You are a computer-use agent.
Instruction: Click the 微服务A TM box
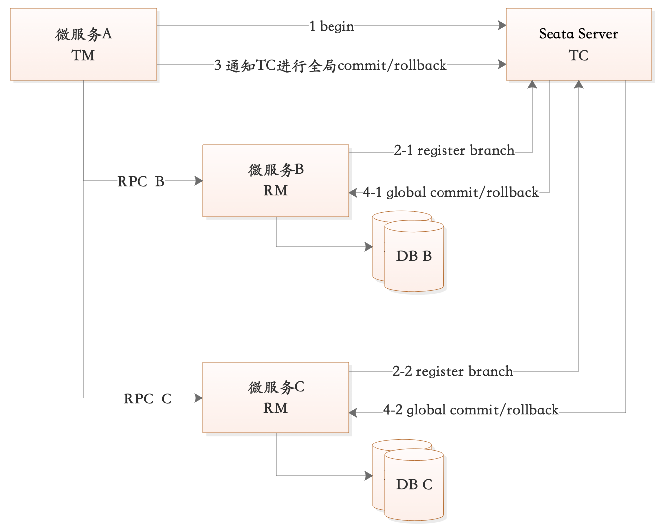pos(84,44)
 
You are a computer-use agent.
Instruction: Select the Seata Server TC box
pos(578,44)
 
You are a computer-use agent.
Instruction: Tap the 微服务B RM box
pos(275,181)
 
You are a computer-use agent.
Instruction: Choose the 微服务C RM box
pos(275,398)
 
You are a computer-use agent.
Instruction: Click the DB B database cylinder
pos(413,256)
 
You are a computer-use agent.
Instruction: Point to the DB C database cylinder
pos(413,485)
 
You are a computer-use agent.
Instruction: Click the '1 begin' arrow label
pos(332,26)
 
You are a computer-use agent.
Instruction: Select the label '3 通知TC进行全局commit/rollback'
pos(330,65)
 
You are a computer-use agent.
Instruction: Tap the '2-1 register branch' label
pos(454,150)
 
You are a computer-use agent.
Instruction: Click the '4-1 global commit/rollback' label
pos(450,192)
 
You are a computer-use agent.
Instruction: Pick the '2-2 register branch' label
pos(452,371)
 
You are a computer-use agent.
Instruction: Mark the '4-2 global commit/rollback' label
pos(471,410)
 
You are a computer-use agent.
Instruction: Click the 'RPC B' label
pos(141,181)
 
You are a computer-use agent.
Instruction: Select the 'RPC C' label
pos(147,398)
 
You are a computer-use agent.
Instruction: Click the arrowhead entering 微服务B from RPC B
pos(199,181)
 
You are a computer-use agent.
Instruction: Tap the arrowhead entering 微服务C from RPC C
pos(199,398)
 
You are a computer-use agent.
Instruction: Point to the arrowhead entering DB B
pos(369,247)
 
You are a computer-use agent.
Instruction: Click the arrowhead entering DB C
pos(369,476)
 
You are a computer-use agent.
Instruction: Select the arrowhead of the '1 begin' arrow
pos(502,25)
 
